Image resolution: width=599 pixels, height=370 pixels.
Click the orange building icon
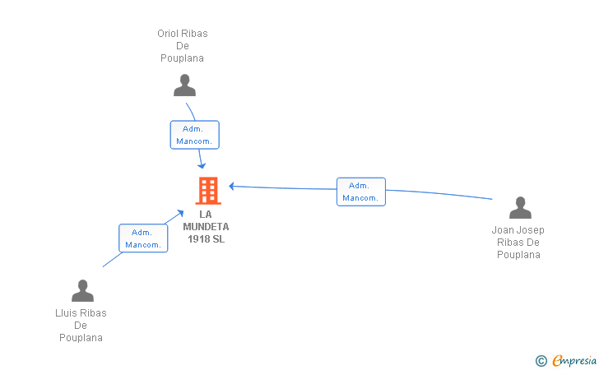[x=208, y=191]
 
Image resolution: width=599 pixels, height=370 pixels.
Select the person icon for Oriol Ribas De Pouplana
[x=184, y=86]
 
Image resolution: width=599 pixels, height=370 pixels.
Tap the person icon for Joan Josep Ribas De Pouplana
[x=520, y=208]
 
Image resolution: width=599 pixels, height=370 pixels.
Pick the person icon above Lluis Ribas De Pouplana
[x=82, y=290]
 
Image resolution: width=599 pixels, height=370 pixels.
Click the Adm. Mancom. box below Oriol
[x=195, y=135]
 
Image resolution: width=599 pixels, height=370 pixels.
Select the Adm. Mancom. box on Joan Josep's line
[x=361, y=192]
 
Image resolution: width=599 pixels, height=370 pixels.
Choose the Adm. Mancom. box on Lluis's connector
[x=143, y=238]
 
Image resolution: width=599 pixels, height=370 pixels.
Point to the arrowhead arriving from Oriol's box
[x=202, y=165]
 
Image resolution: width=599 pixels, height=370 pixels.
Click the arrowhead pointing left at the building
[x=231, y=186]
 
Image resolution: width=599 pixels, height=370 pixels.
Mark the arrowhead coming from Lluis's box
[x=180, y=213]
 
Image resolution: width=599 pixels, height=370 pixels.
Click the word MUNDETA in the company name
[x=206, y=227]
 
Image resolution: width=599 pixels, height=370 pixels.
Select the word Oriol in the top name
[x=168, y=34]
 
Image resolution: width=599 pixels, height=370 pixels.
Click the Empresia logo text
[x=574, y=360]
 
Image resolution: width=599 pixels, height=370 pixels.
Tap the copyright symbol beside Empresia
[x=541, y=361]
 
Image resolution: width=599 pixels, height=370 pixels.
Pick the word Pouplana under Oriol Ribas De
[x=182, y=58]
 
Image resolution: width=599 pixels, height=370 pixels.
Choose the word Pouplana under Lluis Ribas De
[x=81, y=338]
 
